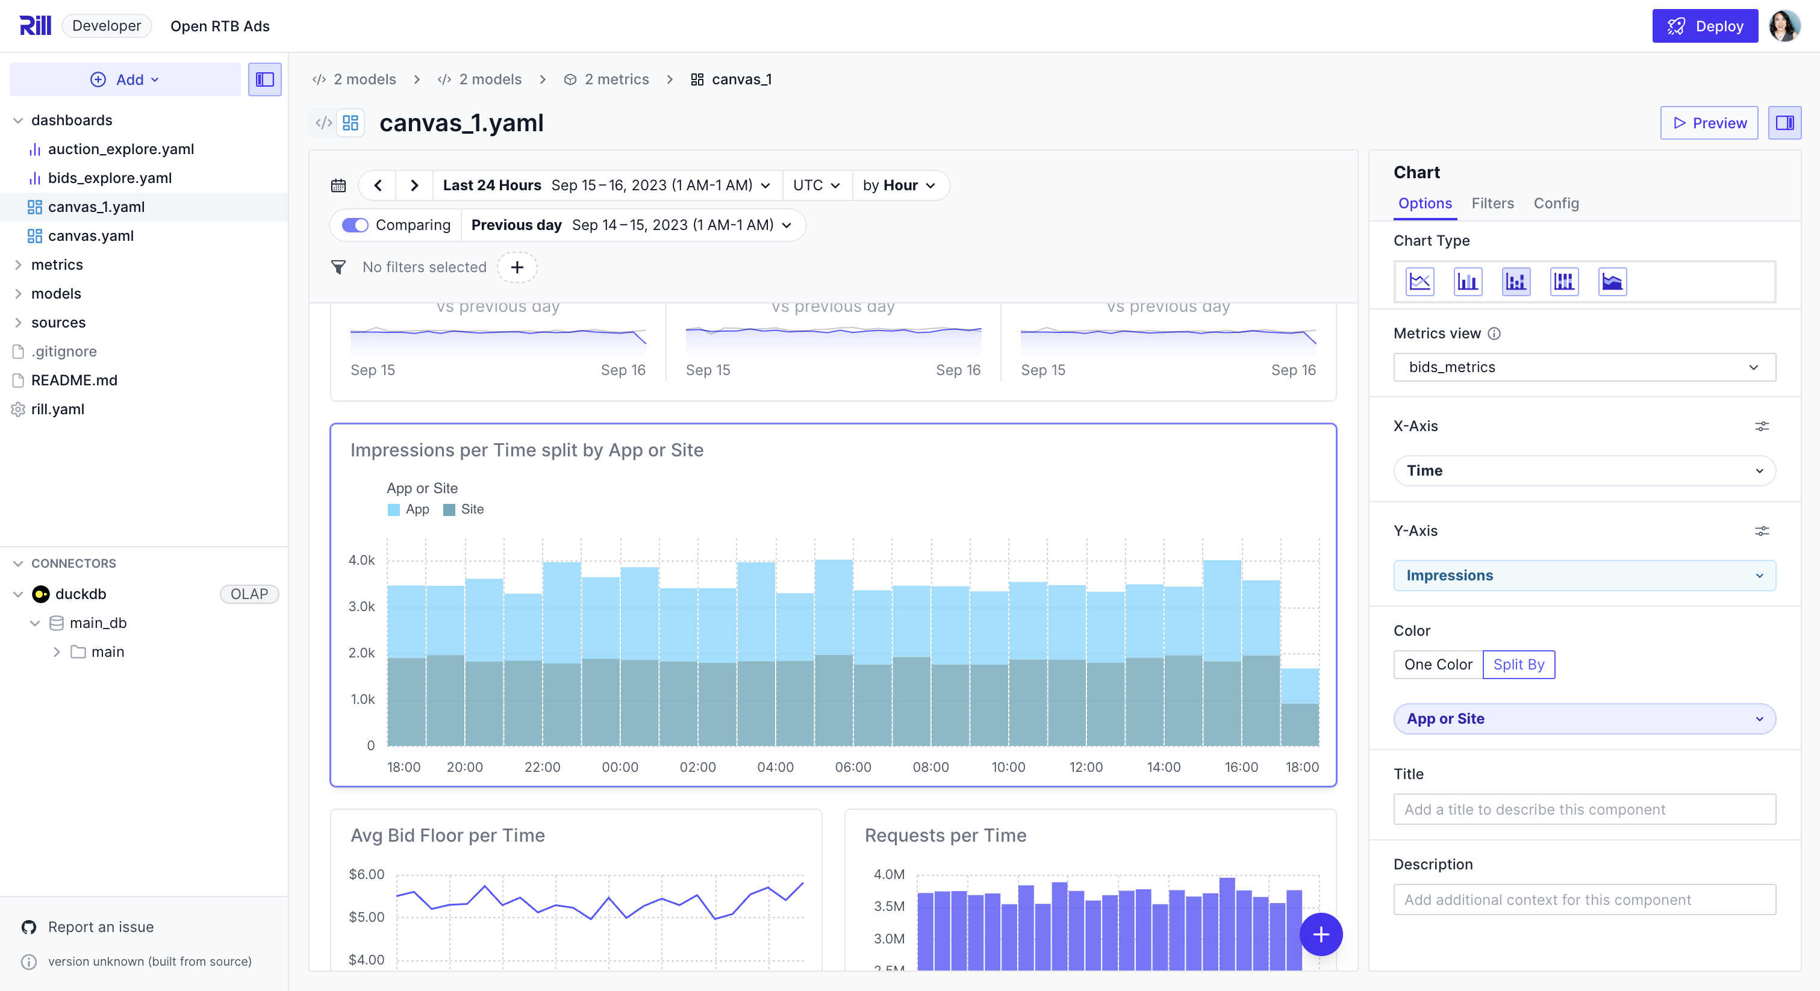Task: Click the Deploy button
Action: [x=1704, y=26]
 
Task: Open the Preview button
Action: [x=1709, y=123]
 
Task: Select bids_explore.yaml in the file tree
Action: [x=110, y=178]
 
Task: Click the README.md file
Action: [x=74, y=380]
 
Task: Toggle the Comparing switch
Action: [x=355, y=225]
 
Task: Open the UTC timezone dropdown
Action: [x=816, y=185]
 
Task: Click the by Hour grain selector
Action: [x=899, y=185]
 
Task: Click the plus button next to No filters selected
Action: [x=517, y=267]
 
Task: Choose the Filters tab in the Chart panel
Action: [x=1492, y=203]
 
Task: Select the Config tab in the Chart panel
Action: [x=1556, y=203]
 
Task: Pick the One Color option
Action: [x=1438, y=664]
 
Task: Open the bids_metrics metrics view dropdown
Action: [x=1583, y=367]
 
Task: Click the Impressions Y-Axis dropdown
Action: [x=1583, y=575]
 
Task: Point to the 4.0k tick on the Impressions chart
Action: [x=362, y=560]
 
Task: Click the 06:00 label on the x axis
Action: [x=853, y=767]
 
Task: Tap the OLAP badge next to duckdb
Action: [x=249, y=594]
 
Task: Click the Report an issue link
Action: [x=101, y=927]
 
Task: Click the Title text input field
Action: [x=1583, y=809]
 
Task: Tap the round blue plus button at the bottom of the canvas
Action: [x=1321, y=934]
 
